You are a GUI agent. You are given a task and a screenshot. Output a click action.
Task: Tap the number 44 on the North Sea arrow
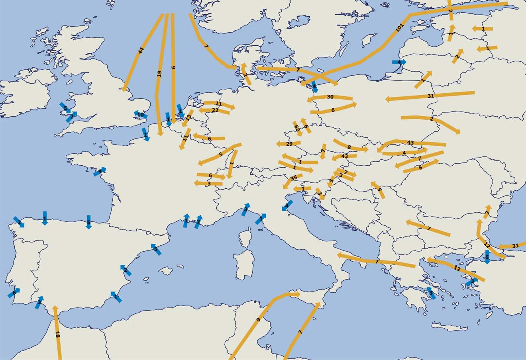pos(140,51)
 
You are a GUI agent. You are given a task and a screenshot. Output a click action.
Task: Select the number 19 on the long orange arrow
pos(159,73)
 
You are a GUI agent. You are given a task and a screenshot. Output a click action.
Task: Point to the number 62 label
pos(297,128)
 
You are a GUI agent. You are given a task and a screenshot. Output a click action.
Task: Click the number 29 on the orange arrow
pos(289,144)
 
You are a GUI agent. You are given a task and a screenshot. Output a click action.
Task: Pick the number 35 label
pos(294,178)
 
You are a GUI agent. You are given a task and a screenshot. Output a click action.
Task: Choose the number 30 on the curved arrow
pos(330,97)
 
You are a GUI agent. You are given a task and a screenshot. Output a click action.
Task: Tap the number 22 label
pos(215,110)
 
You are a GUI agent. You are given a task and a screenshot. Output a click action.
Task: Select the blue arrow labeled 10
pos(140,115)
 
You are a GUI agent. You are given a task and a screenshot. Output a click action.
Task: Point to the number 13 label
pos(189,118)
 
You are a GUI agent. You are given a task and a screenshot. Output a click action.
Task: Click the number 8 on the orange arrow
pos(349,147)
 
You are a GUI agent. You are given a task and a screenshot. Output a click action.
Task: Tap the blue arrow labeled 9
pos(100,172)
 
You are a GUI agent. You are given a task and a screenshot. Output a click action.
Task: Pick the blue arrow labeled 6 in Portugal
pos(14,293)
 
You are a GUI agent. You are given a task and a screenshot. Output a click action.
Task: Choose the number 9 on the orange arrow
pos(258,320)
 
